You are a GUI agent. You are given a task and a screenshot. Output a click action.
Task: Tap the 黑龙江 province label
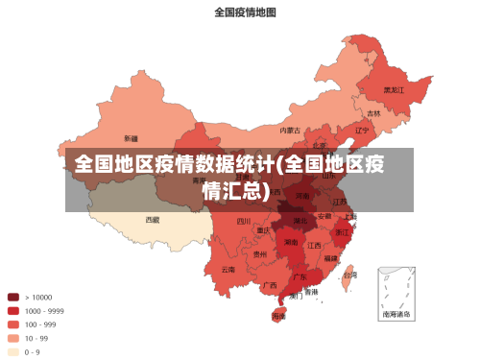[x=394, y=89]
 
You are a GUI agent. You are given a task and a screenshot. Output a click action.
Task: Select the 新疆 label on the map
[x=131, y=137]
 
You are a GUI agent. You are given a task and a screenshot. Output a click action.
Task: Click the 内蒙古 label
[x=289, y=130]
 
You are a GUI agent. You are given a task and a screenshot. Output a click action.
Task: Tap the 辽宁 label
[x=362, y=130]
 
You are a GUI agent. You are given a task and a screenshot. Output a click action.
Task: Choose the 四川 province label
[x=244, y=221]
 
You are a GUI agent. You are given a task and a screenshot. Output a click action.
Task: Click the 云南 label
[x=228, y=270]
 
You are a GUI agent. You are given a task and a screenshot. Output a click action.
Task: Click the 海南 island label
[x=278, y=315]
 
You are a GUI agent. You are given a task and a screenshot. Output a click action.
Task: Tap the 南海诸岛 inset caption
[x=396, y=314]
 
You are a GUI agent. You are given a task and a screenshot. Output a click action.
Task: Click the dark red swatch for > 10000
[x=13, y=297]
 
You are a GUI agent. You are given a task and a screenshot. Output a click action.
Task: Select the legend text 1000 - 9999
[x=44, y=311]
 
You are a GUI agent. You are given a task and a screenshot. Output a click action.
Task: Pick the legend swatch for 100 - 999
[x=13, y=324]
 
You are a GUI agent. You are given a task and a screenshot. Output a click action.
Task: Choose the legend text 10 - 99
[x=36, y=338]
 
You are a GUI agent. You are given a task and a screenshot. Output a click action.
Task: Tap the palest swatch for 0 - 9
[x=13, y=351]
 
